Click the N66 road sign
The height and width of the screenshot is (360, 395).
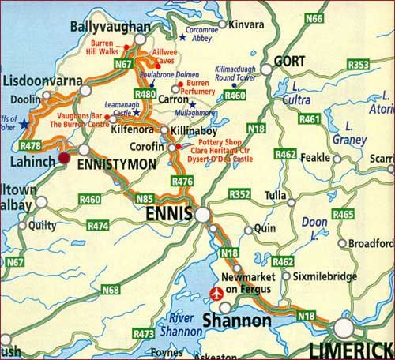click(314, 17)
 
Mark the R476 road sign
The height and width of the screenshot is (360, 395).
click(182, 182)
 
